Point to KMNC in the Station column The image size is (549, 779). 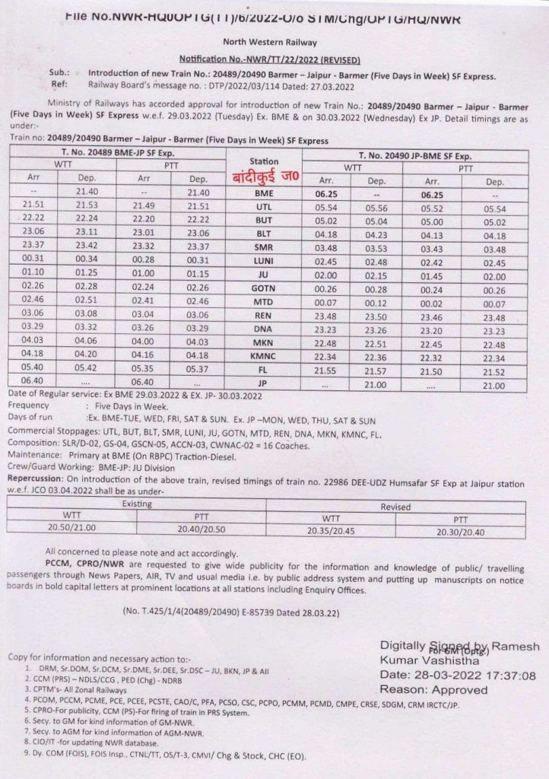(x=264, y=356)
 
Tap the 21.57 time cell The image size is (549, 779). (x=377, y=370)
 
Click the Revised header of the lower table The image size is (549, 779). (x=395, y=504)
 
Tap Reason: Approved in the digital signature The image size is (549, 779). (x=433, y=690)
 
